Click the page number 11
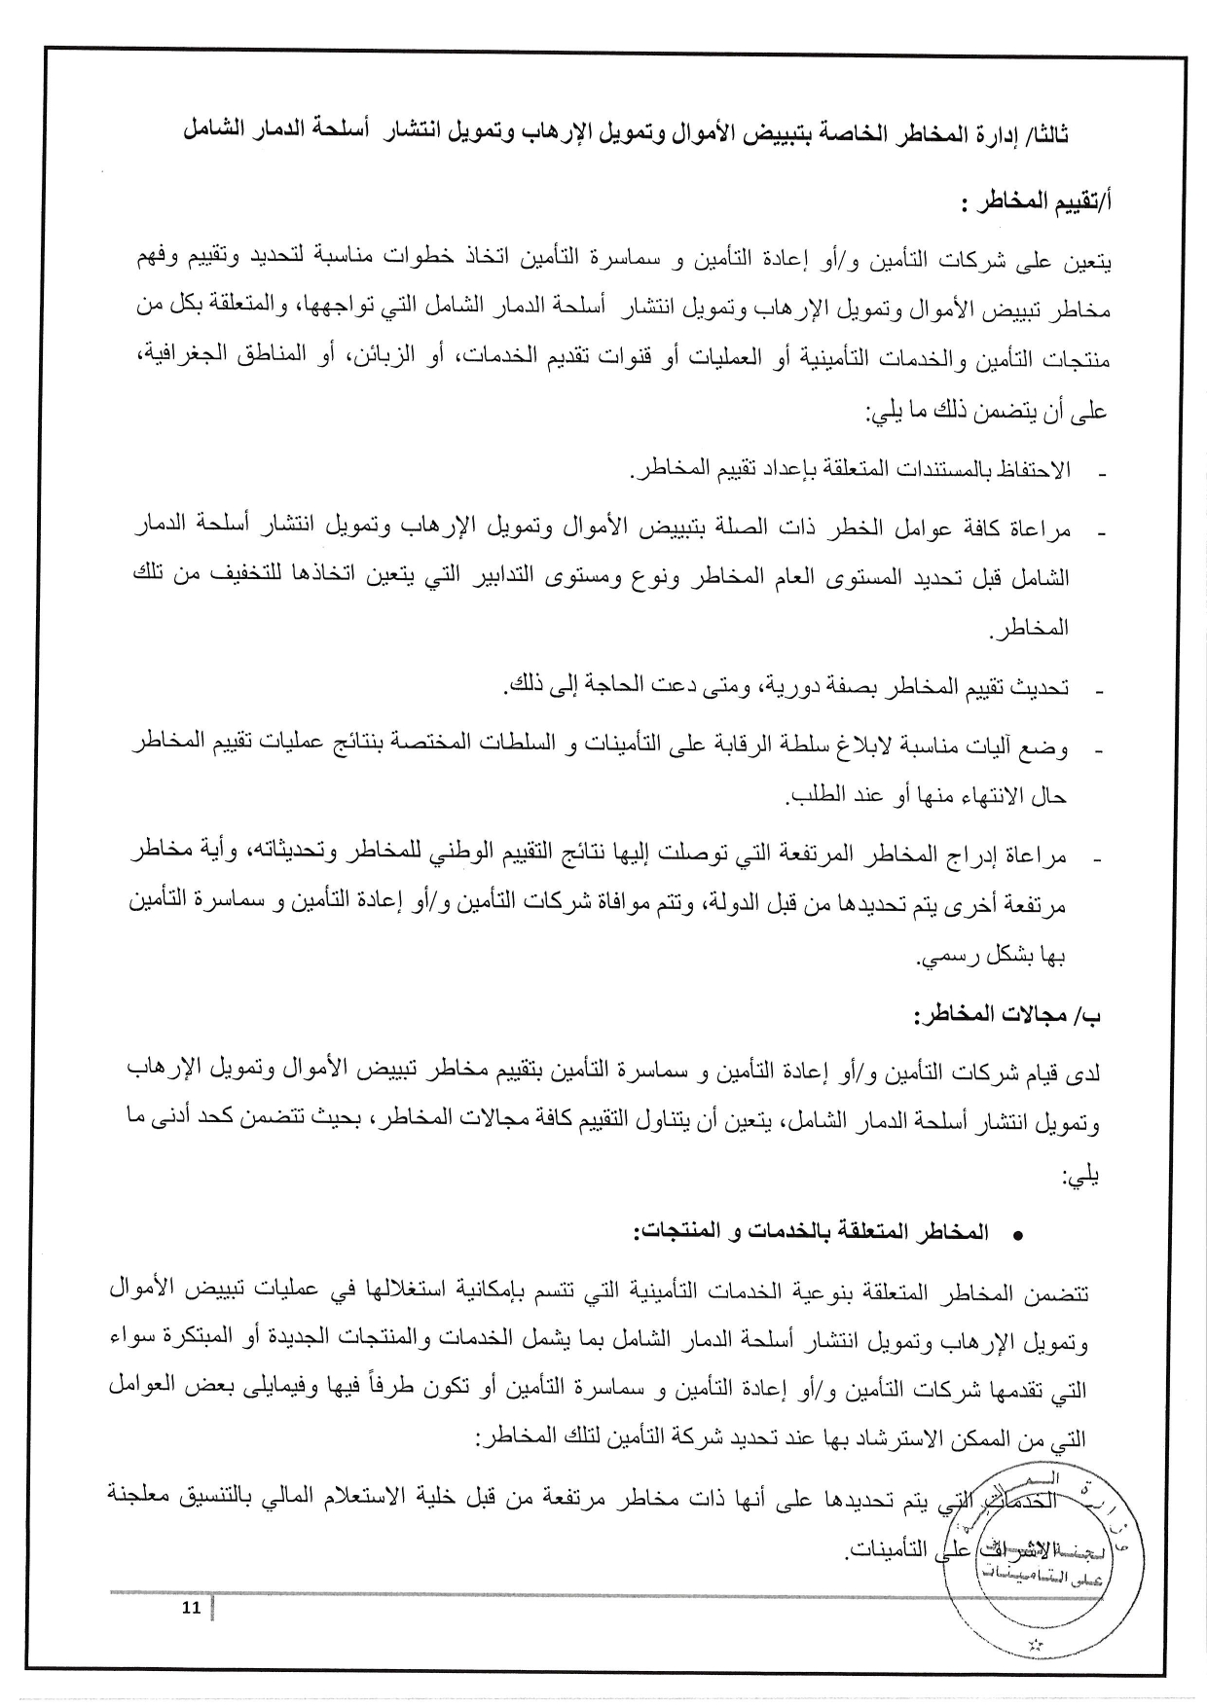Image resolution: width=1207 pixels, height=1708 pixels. [x=191, y=1607]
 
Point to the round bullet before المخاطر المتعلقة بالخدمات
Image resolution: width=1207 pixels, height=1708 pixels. [x=1018, y=1235]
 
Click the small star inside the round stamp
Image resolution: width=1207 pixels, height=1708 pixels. [x=1034, y=1645]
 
